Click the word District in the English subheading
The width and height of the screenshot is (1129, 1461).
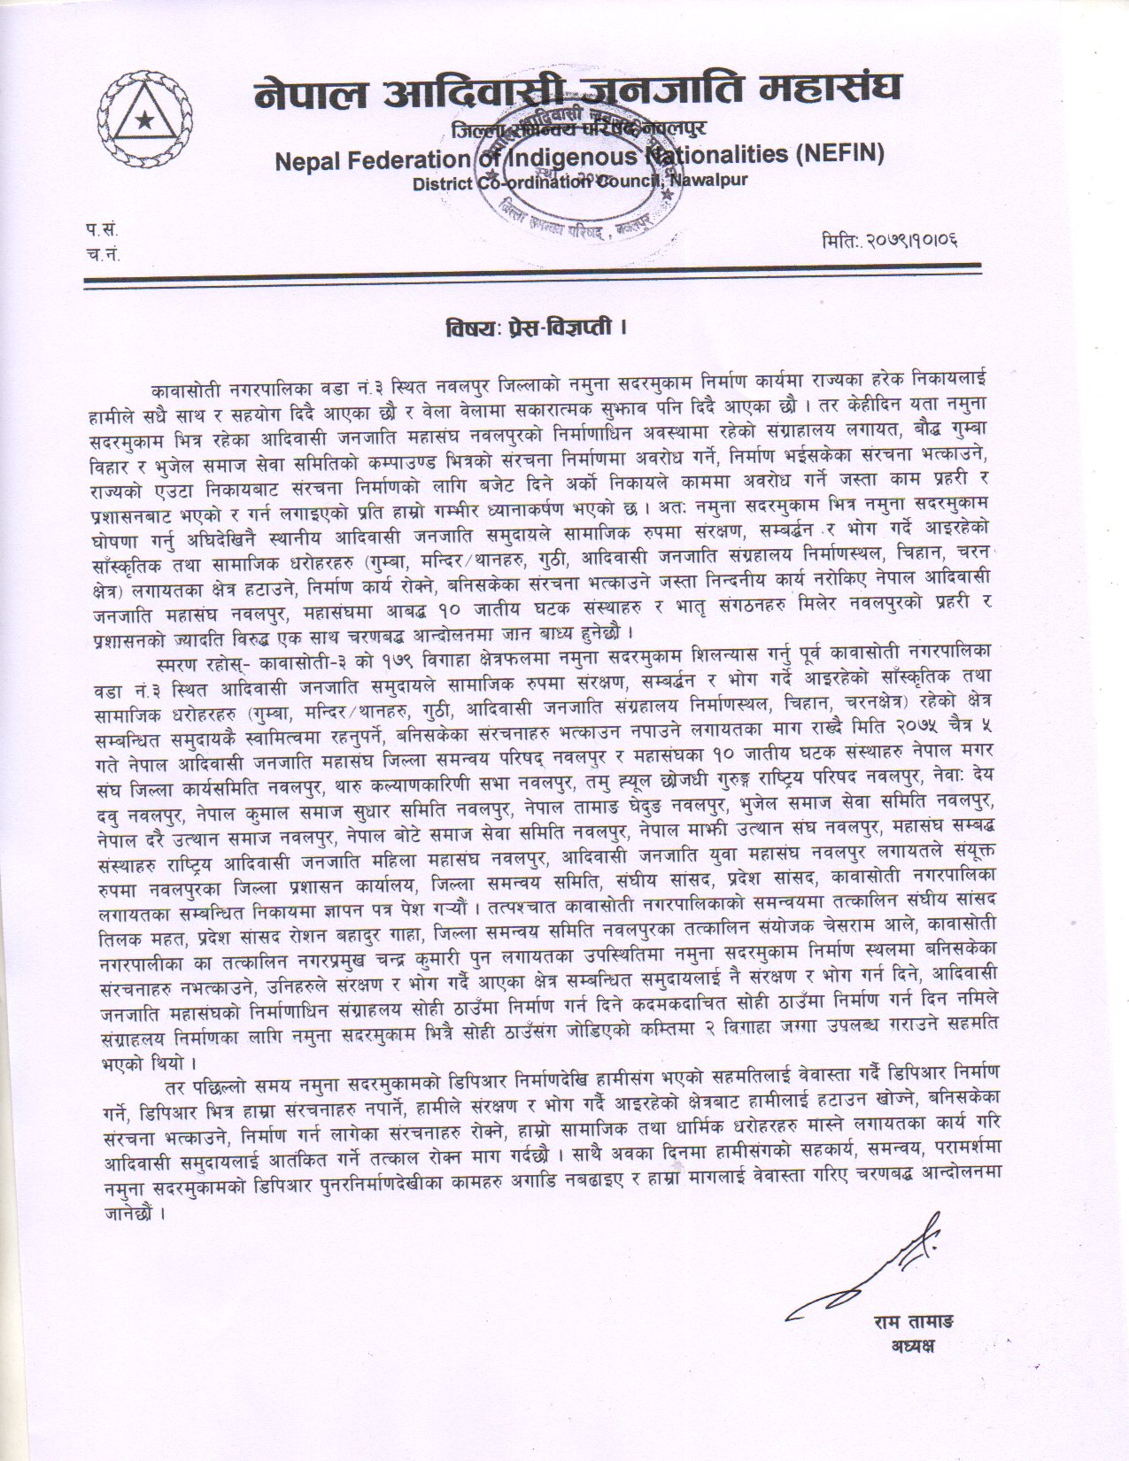click(x=443, y=183)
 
